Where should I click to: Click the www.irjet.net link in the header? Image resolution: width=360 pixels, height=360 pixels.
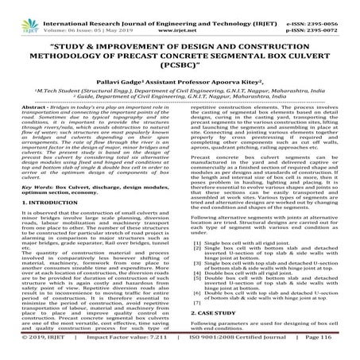point(178,14)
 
